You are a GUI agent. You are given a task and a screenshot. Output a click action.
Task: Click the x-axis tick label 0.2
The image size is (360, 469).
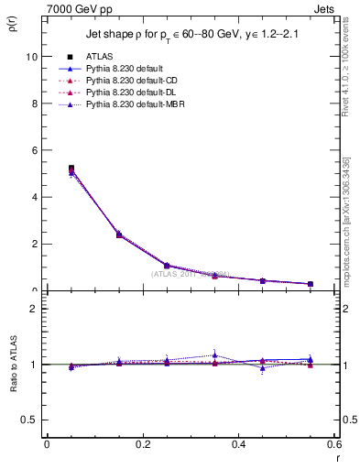(x=142, y=443)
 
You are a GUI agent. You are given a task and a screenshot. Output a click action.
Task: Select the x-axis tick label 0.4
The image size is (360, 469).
(x=238, y=443)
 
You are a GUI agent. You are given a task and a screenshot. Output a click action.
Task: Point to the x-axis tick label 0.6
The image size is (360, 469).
(x=333, y=443)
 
